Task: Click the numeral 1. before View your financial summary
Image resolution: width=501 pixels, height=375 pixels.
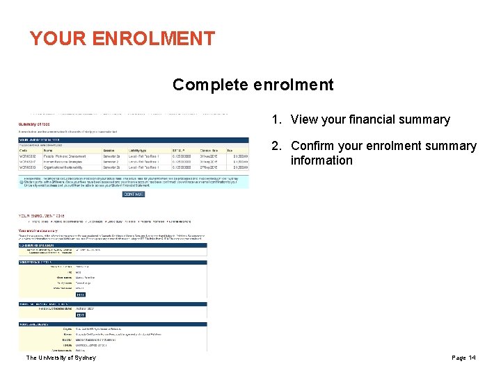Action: click(276, 119)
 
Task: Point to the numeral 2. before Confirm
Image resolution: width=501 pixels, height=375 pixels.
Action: click(276, 146)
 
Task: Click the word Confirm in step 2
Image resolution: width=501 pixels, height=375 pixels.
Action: click(315, 146)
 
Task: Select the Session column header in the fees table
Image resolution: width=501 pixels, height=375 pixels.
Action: click(109, 149)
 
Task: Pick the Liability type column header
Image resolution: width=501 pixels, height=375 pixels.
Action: click(139, 149)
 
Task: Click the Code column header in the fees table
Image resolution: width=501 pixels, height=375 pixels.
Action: click(23, 149)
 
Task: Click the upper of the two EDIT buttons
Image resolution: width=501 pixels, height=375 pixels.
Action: click(80, 294)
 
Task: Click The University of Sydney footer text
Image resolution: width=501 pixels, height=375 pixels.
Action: click(61, 358)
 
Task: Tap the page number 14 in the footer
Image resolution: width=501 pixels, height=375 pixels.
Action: click(472, 358)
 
